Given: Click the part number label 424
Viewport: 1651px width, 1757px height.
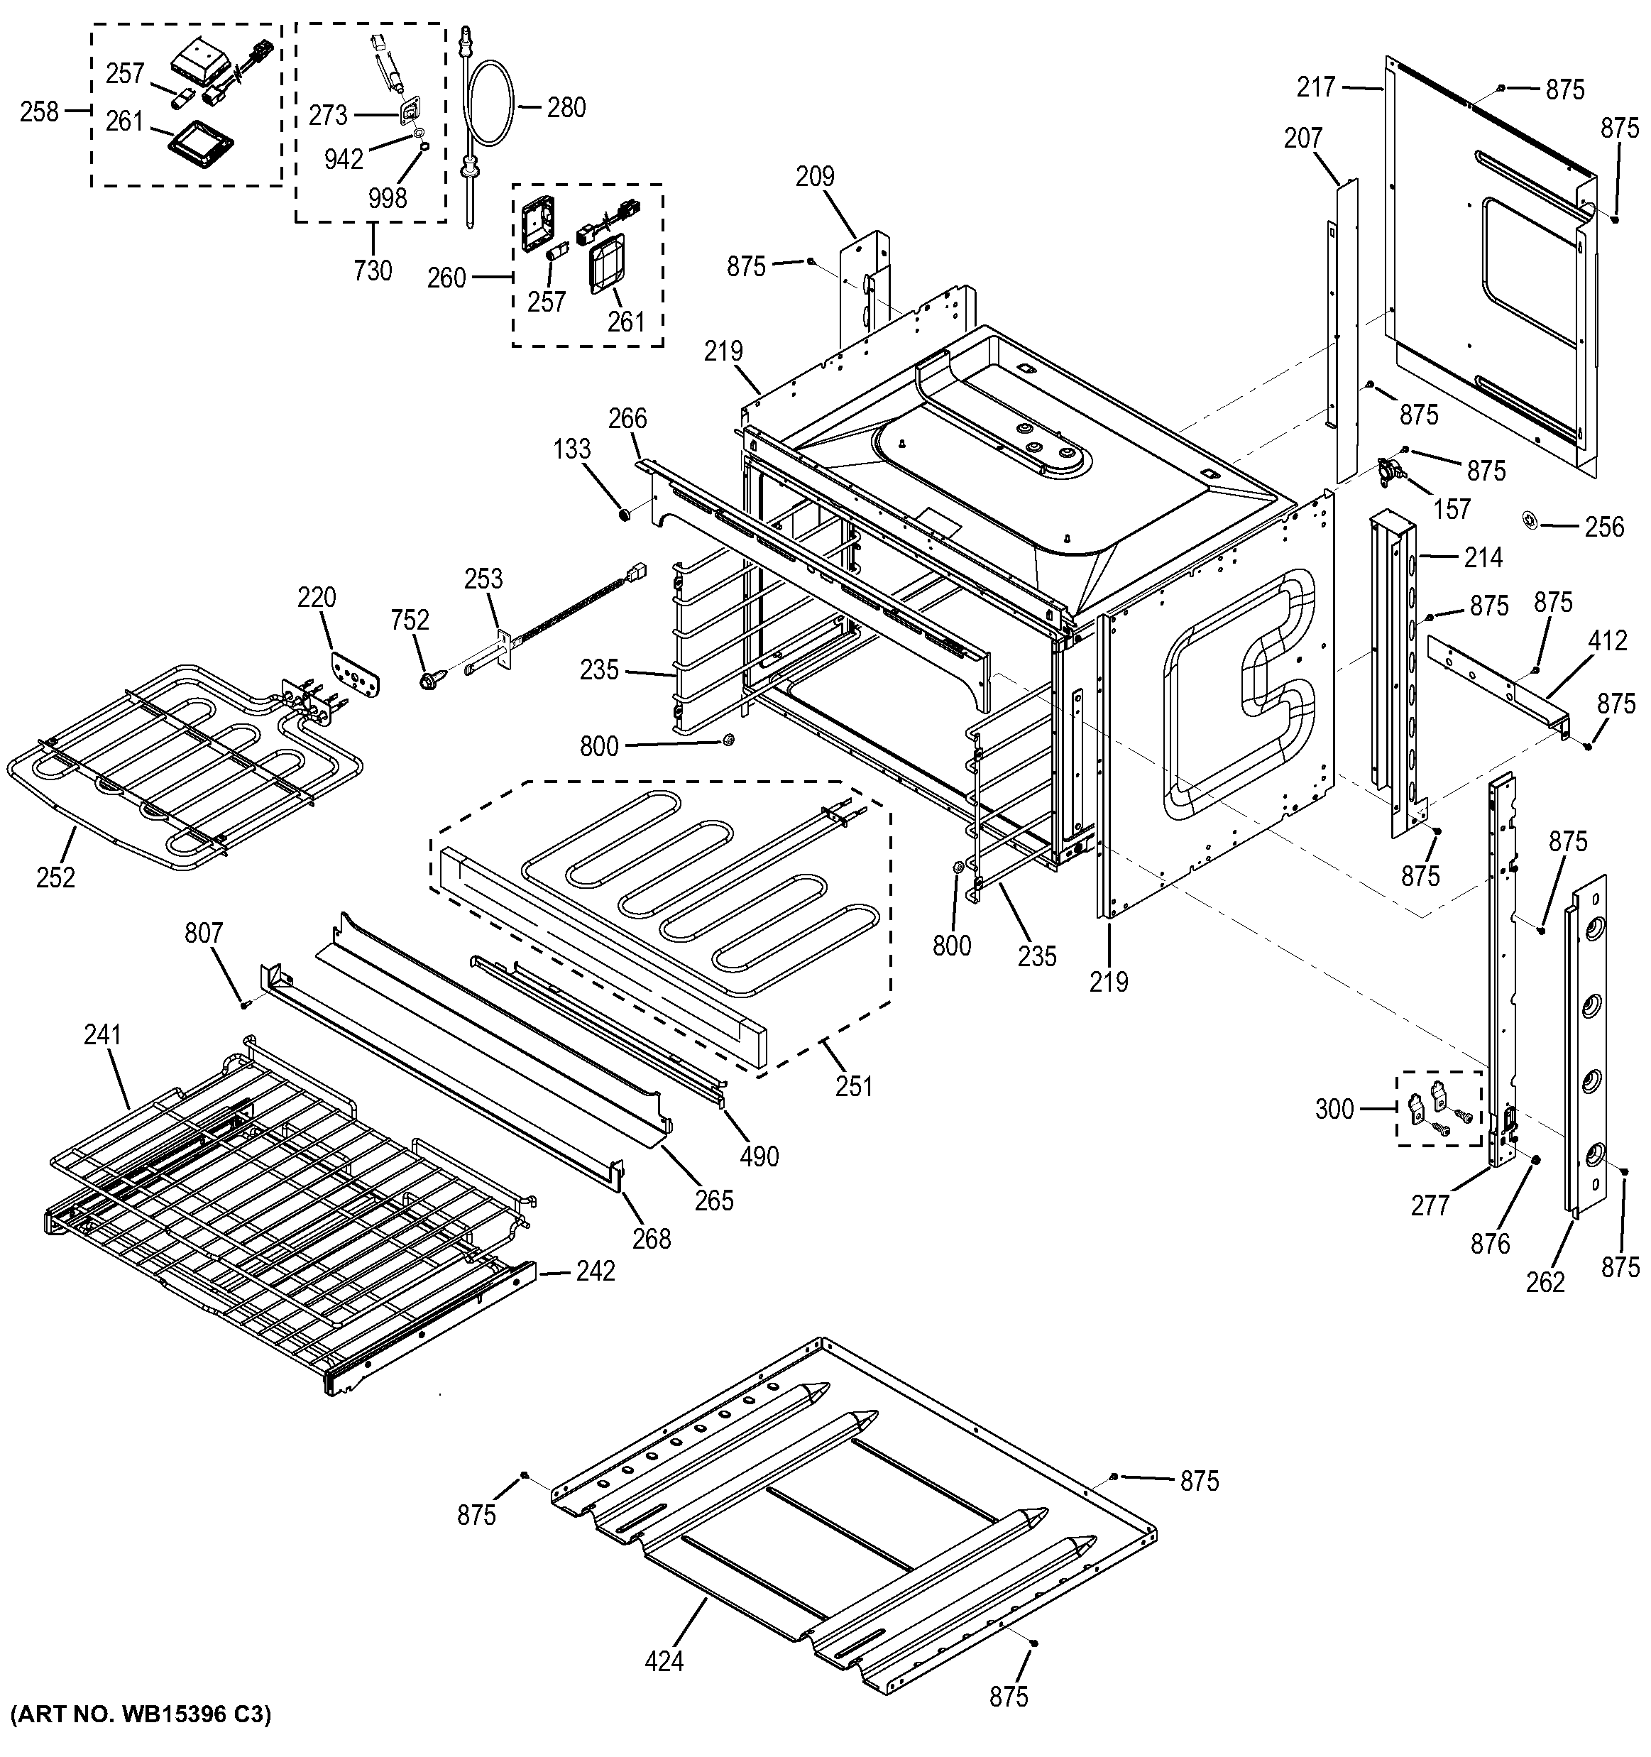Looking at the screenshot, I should point(664,1662).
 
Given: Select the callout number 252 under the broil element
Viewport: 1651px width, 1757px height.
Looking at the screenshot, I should point(55,877).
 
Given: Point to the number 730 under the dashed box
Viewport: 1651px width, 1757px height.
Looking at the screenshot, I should point(372,270).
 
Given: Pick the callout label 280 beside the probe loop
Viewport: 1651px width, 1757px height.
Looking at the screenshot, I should point(566,108).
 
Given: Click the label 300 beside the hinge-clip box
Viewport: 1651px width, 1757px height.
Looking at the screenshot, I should point(1334,1108).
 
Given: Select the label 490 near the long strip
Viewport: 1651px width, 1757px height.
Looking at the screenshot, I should point(759,1156).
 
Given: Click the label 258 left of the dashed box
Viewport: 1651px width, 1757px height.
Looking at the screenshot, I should point(40,112).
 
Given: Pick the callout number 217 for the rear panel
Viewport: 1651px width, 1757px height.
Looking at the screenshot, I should point(1316,87).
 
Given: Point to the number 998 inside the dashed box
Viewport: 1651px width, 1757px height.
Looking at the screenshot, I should point(387,197).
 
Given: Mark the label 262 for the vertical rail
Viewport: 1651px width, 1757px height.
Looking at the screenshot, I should point(1545,1281).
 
